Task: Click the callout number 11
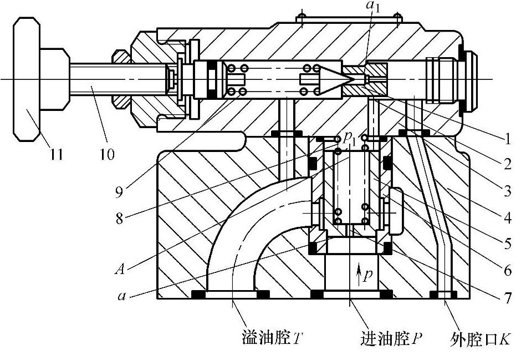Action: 57,154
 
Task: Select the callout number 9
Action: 119,192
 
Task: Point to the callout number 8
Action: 119,219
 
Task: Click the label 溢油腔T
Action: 272,338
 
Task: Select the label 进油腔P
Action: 391,338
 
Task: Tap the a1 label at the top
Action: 374,7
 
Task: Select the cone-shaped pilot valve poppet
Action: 336,79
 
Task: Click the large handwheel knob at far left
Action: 27,79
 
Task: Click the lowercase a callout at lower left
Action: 122,296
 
